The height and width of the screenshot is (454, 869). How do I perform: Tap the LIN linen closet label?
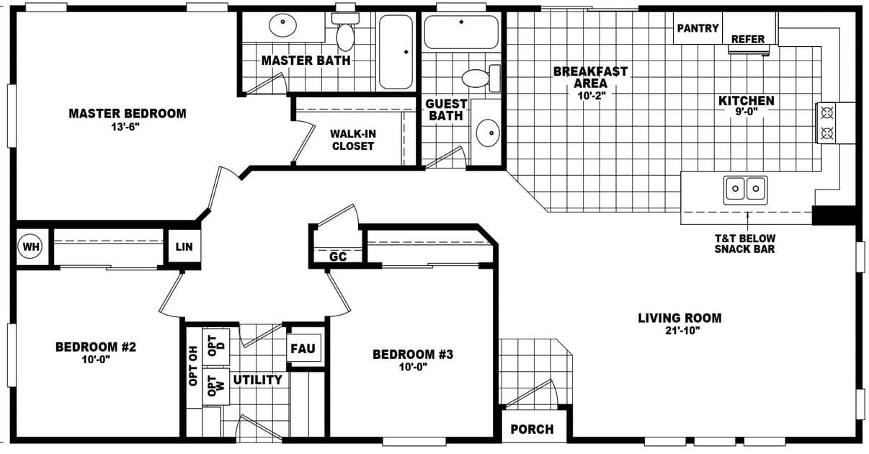[184, 247]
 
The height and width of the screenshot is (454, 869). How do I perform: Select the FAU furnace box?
[303, 349]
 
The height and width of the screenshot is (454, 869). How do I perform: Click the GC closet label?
[337, 257]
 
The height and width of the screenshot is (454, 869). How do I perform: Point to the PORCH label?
[532, 429]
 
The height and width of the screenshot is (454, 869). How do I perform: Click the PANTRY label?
[698, 28]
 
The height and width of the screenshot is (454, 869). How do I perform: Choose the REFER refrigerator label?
[748, 39]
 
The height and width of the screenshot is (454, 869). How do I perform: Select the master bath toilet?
[346, 34]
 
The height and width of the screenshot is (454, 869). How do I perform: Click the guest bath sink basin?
[489, 133]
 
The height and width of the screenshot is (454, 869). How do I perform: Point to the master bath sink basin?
[282, 26]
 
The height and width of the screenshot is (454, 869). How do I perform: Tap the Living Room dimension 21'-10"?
[679, 331]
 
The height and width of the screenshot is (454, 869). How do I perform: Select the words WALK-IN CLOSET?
[352, 140]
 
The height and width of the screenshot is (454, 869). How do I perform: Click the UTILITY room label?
[257, 380]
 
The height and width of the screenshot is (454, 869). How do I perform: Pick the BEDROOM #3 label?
[412, 355]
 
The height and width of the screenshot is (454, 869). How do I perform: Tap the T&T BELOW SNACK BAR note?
[744, 244]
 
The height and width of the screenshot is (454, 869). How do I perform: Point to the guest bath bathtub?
[461, 32]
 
